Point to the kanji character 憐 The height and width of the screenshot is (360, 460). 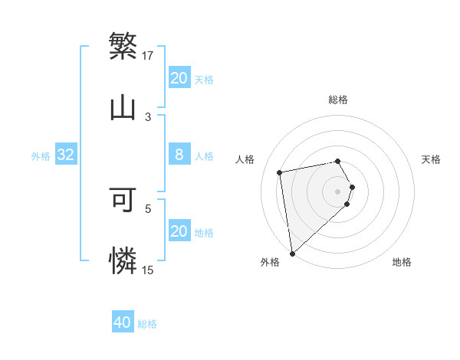[x=123, y=260]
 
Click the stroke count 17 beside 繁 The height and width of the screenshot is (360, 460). [x=149, y=55]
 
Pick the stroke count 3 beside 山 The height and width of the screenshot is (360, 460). [x=148, y=116]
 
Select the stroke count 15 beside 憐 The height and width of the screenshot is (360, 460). [x=148, y=270]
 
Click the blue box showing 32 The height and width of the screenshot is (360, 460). [x=66, y=155]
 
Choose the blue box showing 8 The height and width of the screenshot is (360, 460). [x=179, y=155]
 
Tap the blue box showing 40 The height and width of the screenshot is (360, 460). [x=123, y=322]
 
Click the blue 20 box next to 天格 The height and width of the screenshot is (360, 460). [x=179, y=78]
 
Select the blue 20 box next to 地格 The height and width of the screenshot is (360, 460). [x=179, y=231]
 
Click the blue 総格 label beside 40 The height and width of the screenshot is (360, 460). [x=148, y=324]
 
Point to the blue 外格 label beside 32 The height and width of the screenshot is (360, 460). [x=41, y=156]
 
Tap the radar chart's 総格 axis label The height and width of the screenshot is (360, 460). [x=338, y=100]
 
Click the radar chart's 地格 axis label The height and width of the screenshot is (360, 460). [x=402, y=263]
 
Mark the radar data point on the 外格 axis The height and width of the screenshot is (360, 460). [x=292, y=253]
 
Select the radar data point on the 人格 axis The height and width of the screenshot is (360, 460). [x=280, y=172]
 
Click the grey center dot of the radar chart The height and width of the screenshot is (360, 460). [x=338, y=191]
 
